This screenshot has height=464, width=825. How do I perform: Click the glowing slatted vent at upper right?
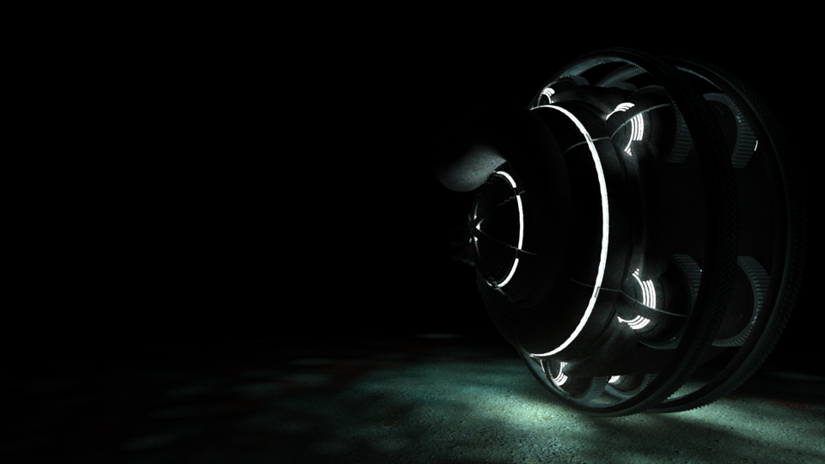click(x=632, y=129)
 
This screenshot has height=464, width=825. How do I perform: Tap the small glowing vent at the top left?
click(x=547, y=95)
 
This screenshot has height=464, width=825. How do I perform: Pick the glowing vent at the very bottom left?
click(x=559, y=371)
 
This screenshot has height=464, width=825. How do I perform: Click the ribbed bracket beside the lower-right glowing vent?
click(x=687, y=292)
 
